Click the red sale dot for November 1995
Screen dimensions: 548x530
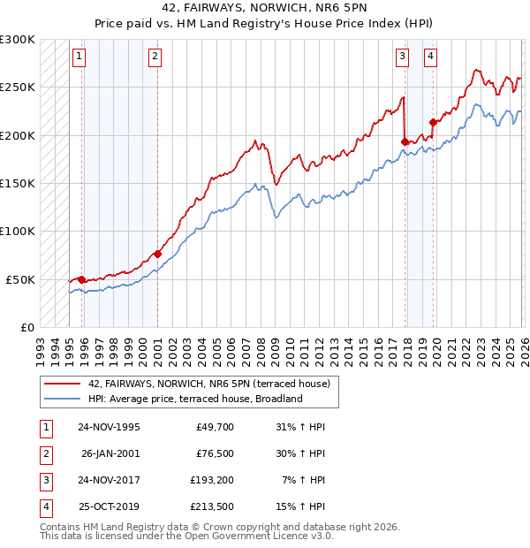82,279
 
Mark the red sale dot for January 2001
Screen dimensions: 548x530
157,254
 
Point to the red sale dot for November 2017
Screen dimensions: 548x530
405,141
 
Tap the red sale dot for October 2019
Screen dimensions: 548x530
433,122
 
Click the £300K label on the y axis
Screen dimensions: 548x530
18,40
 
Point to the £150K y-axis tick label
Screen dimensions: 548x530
18,183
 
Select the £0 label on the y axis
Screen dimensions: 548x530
26,327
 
